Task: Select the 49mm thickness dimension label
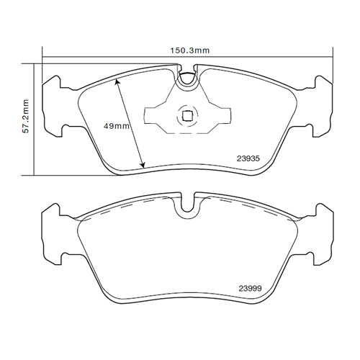tap(117, 125)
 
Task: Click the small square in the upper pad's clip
tap(187, 114)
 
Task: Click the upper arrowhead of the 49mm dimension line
tap(117, 82)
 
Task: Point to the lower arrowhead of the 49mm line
tap(143, 166)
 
